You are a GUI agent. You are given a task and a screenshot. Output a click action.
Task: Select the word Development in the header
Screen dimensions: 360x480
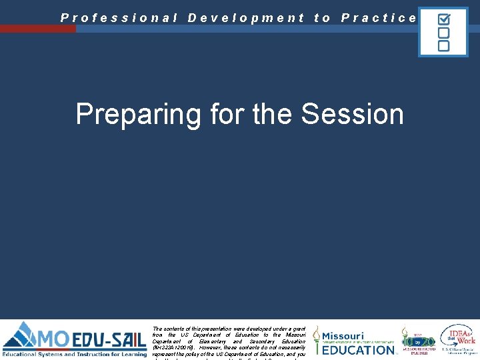pyautogui.click(x=246, y=18)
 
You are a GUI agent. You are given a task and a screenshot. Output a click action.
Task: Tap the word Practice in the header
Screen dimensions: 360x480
pyautogui.click(x=378, y=18)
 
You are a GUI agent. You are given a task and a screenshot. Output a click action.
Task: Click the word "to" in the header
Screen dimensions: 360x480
pyautogui.click(x=322, y=18)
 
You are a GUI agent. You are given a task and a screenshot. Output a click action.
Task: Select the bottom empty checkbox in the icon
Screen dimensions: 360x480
pyautogui.click(x=443, y=45)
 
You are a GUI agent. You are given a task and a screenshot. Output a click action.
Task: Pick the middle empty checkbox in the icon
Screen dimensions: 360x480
pyautogui.click(x=443, y=32)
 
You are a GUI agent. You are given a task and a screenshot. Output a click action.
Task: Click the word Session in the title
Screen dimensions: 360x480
pyautogui.click(x=352, y=114)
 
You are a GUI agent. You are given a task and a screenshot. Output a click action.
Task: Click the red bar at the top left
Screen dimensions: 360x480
pyautogui.click(x=37, y=29)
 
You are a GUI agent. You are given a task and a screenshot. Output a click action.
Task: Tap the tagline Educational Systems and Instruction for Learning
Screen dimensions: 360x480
pyautogui.click(x=74, y=355)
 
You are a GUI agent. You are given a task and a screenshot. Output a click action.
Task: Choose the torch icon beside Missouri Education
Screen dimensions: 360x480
pyautogui.click(x=317, y=340)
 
